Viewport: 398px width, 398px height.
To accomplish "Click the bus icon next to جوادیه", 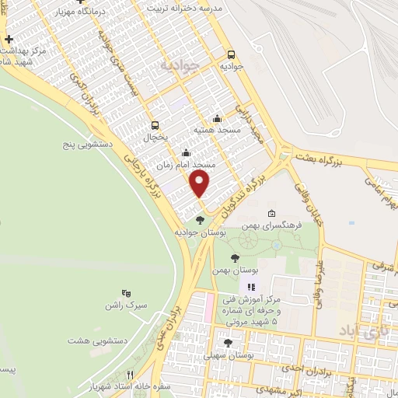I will click(x=231, y=54).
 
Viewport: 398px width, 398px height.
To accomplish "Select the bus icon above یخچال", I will click(x=155, y=125).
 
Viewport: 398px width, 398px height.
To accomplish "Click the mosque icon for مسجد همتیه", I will click(x=217, y=119).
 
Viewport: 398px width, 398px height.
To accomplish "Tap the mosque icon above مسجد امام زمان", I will click(x=185, y=153).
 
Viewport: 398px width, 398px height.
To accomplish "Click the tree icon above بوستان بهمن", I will click(x=235, y=258).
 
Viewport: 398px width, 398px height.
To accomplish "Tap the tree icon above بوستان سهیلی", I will click(x=228, y=343).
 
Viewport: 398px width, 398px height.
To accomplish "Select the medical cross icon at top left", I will click(x=8, y=39).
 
